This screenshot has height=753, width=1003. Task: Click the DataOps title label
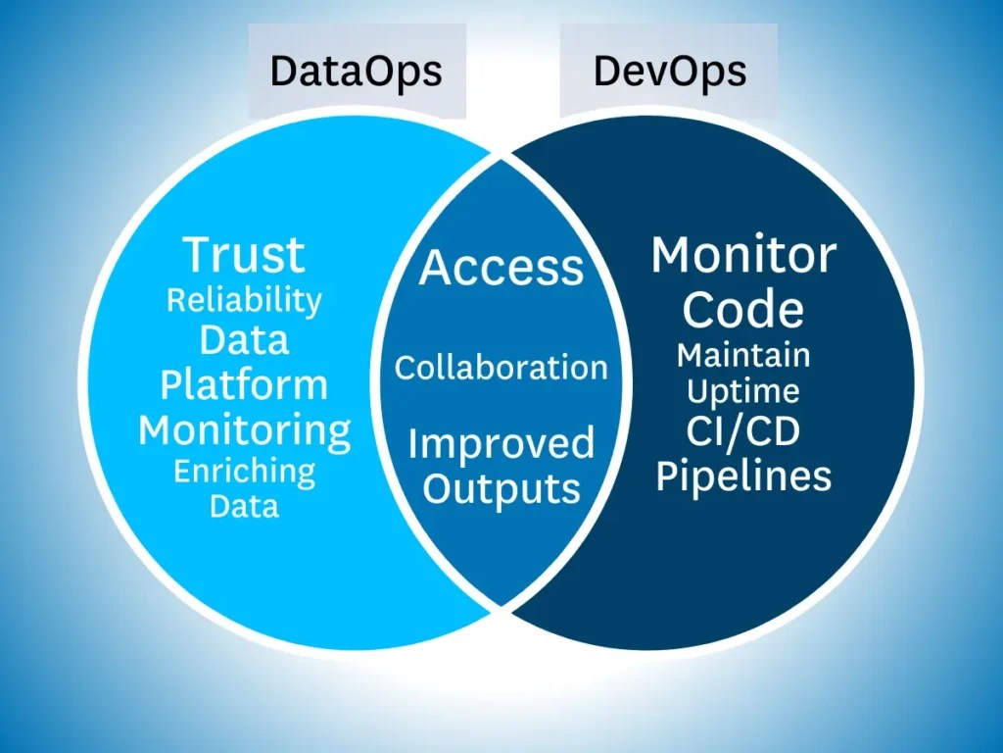356,72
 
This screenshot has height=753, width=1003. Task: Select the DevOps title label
670,72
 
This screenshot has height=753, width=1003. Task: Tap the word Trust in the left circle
244,254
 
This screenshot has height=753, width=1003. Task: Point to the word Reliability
244,299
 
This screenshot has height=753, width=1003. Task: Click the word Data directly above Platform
244,340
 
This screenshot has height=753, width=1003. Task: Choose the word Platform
244,384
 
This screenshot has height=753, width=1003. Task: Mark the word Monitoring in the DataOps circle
244,429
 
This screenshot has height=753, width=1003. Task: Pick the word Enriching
244,472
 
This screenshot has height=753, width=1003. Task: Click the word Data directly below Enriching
244,506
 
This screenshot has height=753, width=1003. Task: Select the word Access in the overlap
501,267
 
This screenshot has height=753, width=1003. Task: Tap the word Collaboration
501,368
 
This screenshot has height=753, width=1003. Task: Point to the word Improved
501,443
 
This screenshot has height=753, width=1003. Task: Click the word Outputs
501,488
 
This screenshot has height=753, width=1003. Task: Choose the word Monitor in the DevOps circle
743,256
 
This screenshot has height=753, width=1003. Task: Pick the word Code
743,310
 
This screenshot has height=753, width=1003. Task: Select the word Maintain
743,354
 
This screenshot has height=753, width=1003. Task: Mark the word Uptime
743,391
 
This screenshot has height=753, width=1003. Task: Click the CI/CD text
743,432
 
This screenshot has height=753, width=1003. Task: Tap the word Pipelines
743,477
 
